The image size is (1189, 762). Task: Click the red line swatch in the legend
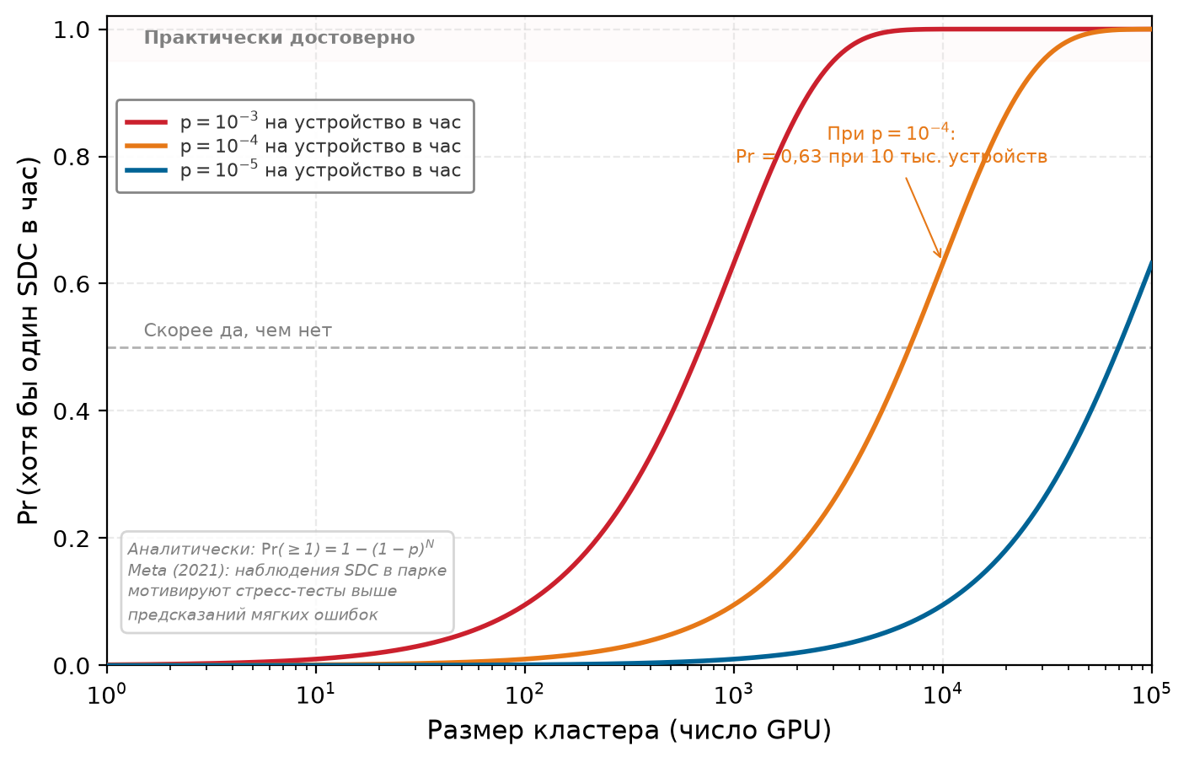click(x=147, y=122)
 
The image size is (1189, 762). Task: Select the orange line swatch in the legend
click(x=147, y=146)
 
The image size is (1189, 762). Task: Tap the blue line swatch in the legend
click(x=147, y=170)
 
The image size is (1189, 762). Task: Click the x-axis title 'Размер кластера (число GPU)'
click(x=629, y=731)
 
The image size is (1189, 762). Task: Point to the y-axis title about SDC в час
click(x=28, y=341)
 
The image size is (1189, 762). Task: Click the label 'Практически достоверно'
click(x=279, y=38)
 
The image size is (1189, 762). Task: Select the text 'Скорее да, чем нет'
click(x=238, y=330)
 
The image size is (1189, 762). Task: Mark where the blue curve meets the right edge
click(x=1151, y=261)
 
